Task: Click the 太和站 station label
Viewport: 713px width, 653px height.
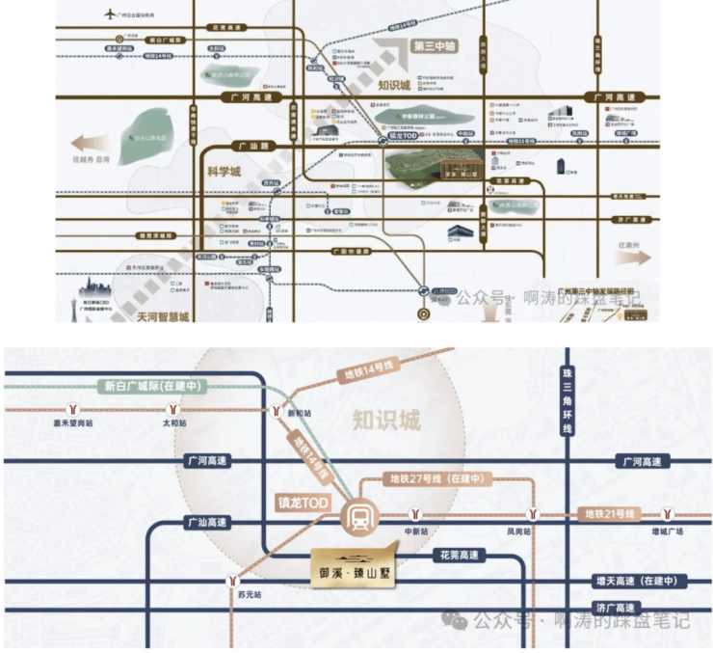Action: coord(174,422)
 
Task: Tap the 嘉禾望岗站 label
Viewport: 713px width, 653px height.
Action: coord(73,422)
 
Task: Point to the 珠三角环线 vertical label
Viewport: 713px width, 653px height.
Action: coord(567,406)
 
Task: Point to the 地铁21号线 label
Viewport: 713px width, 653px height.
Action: coord(610,514)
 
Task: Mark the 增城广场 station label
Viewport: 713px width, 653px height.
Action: coord(667,531)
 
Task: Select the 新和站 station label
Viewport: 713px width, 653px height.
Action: coord(301,412)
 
